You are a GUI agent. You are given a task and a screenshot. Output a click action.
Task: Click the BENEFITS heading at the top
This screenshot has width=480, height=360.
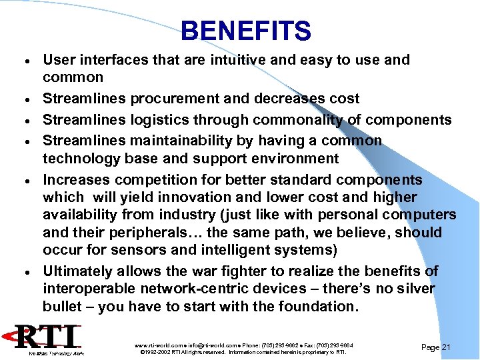245,31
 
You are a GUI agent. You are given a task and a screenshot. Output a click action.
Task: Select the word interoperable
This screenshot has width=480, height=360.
87,289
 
